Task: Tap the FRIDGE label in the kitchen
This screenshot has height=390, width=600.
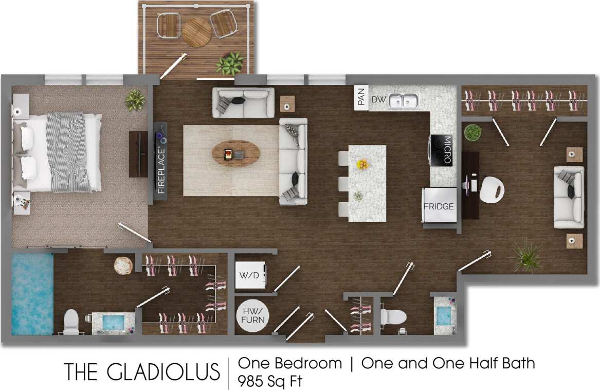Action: [439, 207]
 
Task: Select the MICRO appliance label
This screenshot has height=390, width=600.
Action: [447, 150]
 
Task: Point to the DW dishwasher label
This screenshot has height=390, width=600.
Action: [378, 99]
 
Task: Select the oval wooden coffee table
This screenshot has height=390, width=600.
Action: [235, 153]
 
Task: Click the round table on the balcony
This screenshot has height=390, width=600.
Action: [197, 32]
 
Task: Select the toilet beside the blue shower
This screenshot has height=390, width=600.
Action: [71, 323]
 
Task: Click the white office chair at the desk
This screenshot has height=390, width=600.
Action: [493, 189]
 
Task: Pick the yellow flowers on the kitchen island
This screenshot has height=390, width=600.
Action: [363, 164]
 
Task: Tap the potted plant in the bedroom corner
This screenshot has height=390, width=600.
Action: [135, 100]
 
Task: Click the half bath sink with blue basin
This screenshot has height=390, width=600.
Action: [444, 315]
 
